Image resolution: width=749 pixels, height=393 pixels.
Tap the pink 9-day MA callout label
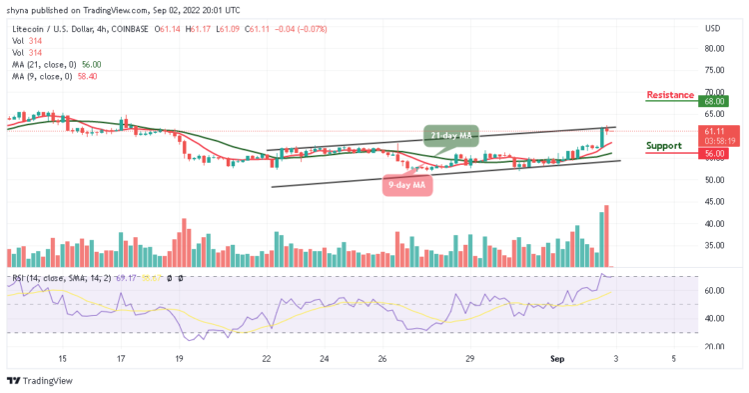[407, 184]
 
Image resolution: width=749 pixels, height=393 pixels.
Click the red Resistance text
[670, 95]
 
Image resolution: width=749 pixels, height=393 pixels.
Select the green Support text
[664, 145]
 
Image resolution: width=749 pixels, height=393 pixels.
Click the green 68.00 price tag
[712, 101]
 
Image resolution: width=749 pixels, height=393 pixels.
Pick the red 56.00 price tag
[712, 154]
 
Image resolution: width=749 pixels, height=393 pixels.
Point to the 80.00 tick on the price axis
[713, 48]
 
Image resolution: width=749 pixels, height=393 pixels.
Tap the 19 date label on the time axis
[179, 358]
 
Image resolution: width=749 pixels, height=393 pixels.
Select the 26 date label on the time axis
[381, 358]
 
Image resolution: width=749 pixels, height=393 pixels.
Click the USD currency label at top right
[712, 28]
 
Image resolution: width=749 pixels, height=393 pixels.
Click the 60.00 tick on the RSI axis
[713, 291]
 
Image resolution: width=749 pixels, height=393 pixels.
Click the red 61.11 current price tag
[712, 130]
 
